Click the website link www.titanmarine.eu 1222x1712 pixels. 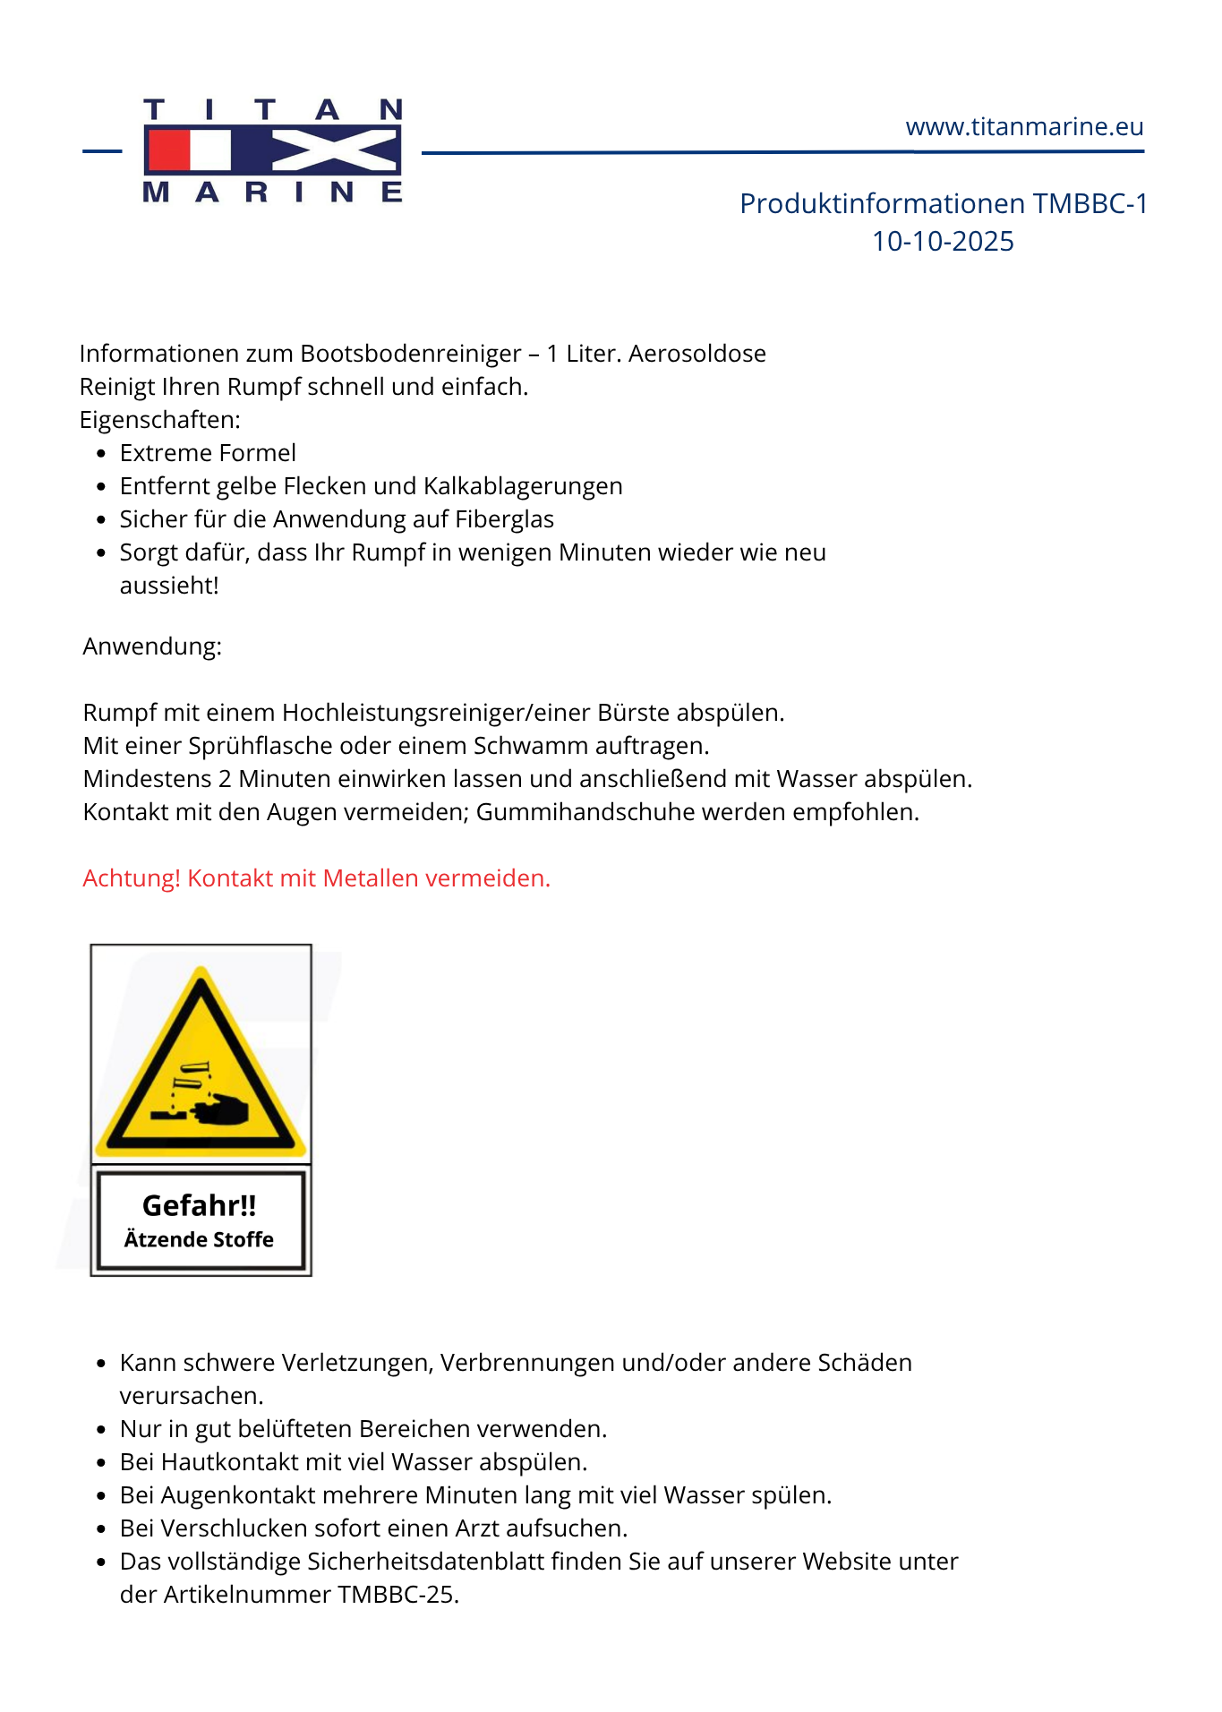pos(1024,127)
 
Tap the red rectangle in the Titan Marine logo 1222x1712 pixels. pos(168,150)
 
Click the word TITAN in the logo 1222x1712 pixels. pos(273,110)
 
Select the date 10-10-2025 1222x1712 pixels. pos(943,242)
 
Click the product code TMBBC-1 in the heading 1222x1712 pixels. pos(1090,204)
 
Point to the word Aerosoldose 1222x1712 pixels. pos(696,354)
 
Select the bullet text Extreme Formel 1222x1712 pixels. pos(208,453)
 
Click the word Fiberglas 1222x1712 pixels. pos(504,519)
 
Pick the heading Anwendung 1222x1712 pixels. pos(152,646)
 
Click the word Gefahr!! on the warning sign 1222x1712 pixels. pos(200,1205)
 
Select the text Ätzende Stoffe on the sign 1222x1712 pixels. pos(199,1240)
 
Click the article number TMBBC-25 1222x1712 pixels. pos(397,1595)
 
